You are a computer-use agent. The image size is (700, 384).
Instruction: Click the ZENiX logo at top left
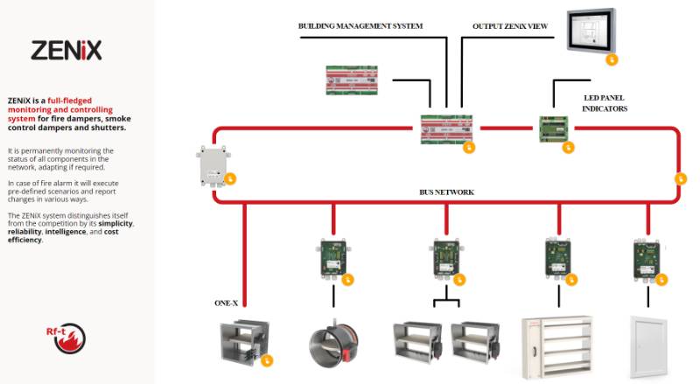point(66,50)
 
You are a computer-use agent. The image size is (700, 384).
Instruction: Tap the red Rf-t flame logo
point(66,338)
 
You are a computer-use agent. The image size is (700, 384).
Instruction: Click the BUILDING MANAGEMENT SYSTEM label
point(360,26)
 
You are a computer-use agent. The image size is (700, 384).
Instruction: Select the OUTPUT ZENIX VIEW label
point(510,26)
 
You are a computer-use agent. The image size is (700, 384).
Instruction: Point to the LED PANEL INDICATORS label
point(605,103)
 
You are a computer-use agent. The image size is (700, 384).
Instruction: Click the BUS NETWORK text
point(447,192)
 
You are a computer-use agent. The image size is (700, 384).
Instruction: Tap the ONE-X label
point(227,304)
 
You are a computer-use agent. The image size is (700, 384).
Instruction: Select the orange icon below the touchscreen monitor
point(612,59)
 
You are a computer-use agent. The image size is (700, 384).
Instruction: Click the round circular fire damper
point(334,344)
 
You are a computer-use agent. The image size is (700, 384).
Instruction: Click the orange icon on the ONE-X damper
point(267,360)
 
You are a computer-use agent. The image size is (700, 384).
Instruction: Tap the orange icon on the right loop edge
point(682,178)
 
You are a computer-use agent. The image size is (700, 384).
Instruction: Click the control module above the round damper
point(332,258)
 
